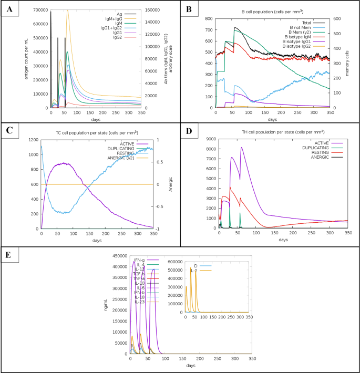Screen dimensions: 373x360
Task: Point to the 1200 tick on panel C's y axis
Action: (x=33, y=140)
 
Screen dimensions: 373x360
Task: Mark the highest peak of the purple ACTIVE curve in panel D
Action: (x=242, y=148)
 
